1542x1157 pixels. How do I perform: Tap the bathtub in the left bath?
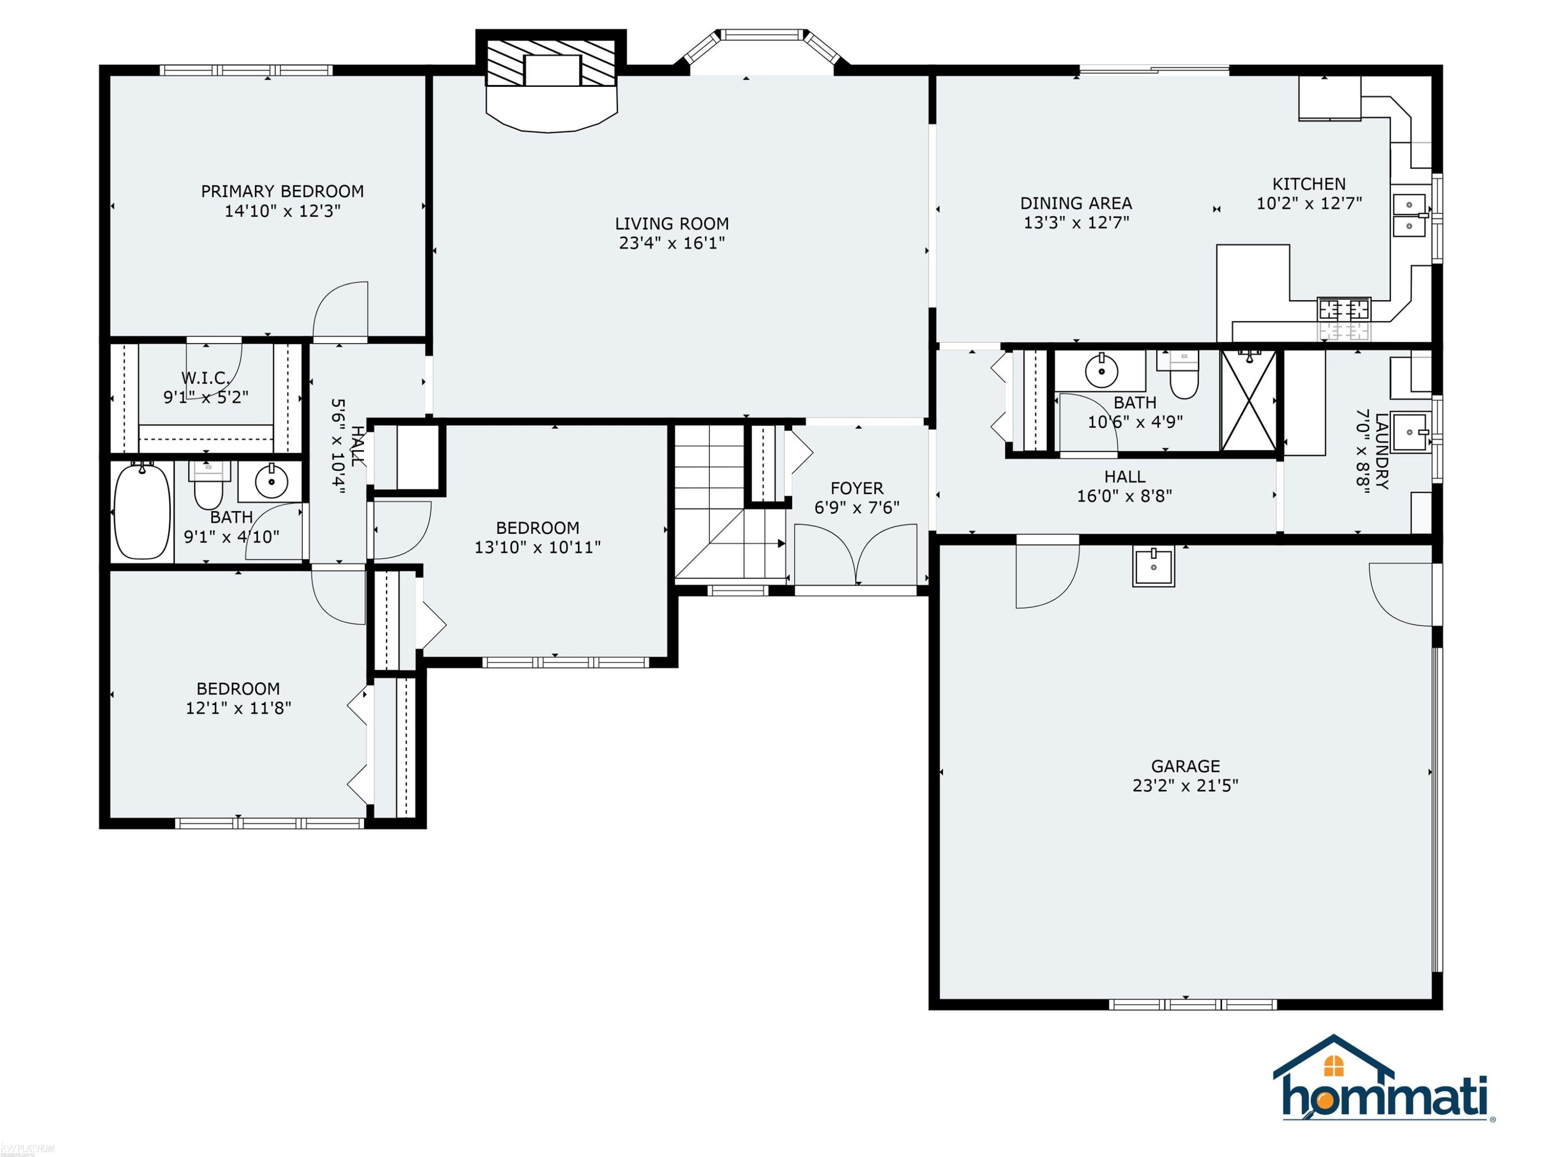click(142, 511)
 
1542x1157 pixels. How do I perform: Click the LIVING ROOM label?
click(672, 224)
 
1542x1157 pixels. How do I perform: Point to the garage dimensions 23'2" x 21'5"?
click(1185, 785)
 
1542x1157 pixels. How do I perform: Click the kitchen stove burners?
click(1343, 319)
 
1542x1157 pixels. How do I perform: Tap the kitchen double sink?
click(1409, 215)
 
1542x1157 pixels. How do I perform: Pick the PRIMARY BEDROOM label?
click(282, 191)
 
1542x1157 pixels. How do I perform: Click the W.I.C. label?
click(206, 378)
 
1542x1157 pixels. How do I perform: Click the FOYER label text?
click(857, 488)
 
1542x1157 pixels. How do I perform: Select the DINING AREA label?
click(1076, 203)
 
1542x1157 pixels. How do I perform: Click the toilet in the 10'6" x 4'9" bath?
click(1183, 374)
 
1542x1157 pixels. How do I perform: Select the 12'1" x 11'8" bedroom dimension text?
click(238, 708)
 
